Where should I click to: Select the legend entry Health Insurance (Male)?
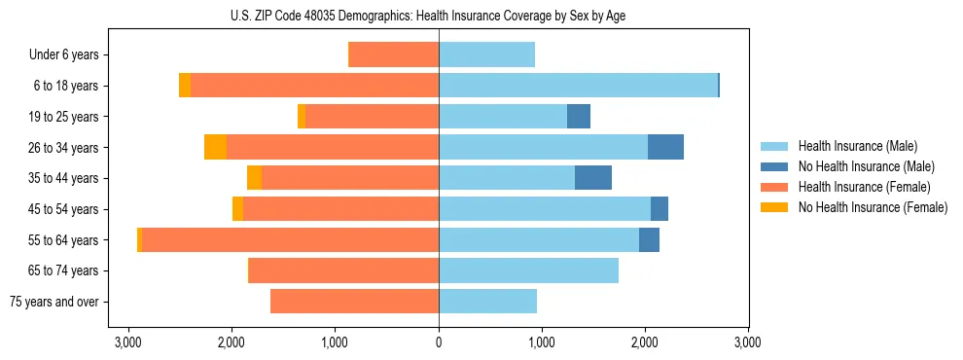857,146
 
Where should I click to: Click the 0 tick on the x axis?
439,342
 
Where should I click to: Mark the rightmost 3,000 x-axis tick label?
748,342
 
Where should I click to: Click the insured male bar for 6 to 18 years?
578,86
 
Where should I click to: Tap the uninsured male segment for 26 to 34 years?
665,147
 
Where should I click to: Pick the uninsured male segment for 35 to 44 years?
593,178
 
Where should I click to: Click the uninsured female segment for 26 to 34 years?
215,147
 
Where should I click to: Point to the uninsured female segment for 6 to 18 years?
185,86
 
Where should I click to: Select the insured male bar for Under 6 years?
486,55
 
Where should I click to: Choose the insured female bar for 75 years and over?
354,302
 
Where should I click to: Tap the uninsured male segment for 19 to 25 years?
579,117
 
